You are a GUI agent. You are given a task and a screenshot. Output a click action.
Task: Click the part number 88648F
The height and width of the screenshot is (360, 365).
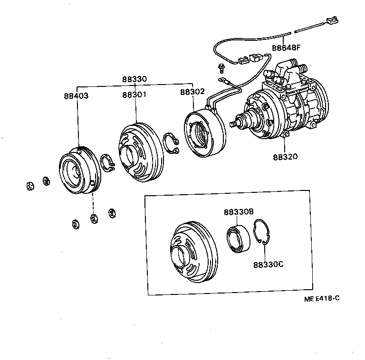click(x=286, y=47)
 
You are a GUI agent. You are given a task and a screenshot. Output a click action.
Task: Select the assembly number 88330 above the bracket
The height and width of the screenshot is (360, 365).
click(x=134, y=80)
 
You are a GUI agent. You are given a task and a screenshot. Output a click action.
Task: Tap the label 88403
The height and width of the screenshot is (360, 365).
click(x=76, y=95)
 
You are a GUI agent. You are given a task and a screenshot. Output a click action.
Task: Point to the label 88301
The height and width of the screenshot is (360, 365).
click(x=134, y=95)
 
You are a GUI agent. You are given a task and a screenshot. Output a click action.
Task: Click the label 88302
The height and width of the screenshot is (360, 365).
click(x=192, y=93)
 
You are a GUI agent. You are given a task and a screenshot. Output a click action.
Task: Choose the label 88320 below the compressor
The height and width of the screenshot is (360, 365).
click(x=286, y=157)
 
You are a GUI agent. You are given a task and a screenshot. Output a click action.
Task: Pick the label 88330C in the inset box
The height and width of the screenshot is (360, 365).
click(x=268, y=265)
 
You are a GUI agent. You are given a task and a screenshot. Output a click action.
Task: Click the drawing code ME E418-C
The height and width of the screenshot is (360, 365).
click(x=323, y=299)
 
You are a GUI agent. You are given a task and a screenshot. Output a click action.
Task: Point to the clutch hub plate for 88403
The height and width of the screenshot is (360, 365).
click(x=78, y=171)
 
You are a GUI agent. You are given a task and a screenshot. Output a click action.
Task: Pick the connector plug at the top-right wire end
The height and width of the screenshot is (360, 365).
click(x=330, y=21)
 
